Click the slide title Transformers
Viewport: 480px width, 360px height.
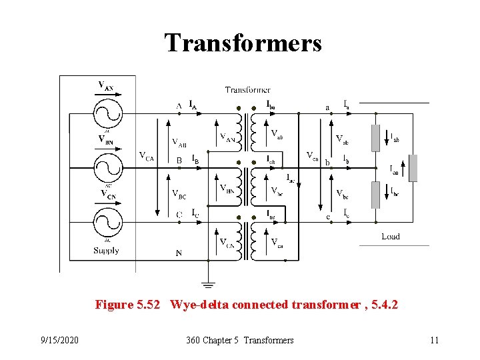(x=243, y=43)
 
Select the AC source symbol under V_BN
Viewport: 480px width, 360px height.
(x=106, y=165)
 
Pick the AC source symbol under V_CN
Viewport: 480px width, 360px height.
(x=106, y=221)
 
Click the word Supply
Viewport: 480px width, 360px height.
(x=107, y=251)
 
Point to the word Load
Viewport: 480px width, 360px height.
(x=391, y=237)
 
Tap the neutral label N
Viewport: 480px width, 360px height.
(x=179, y=253)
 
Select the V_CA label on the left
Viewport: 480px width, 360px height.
(x=146, y=157)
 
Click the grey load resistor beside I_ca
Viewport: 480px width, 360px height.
(x=413, y=168)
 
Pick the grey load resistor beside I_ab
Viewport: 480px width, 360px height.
(x=376, y=138)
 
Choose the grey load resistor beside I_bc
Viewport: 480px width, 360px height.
(x=376, y=193)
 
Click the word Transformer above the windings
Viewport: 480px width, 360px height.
(x=247, y=90)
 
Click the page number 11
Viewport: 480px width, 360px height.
(x=435, y=340)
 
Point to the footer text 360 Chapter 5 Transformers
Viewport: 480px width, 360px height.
(x=240, y=340)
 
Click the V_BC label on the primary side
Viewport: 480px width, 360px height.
(x=179, y=195)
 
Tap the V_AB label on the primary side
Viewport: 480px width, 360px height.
(x=179, y=142)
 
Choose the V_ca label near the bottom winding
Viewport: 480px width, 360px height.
(x=277, y=243)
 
